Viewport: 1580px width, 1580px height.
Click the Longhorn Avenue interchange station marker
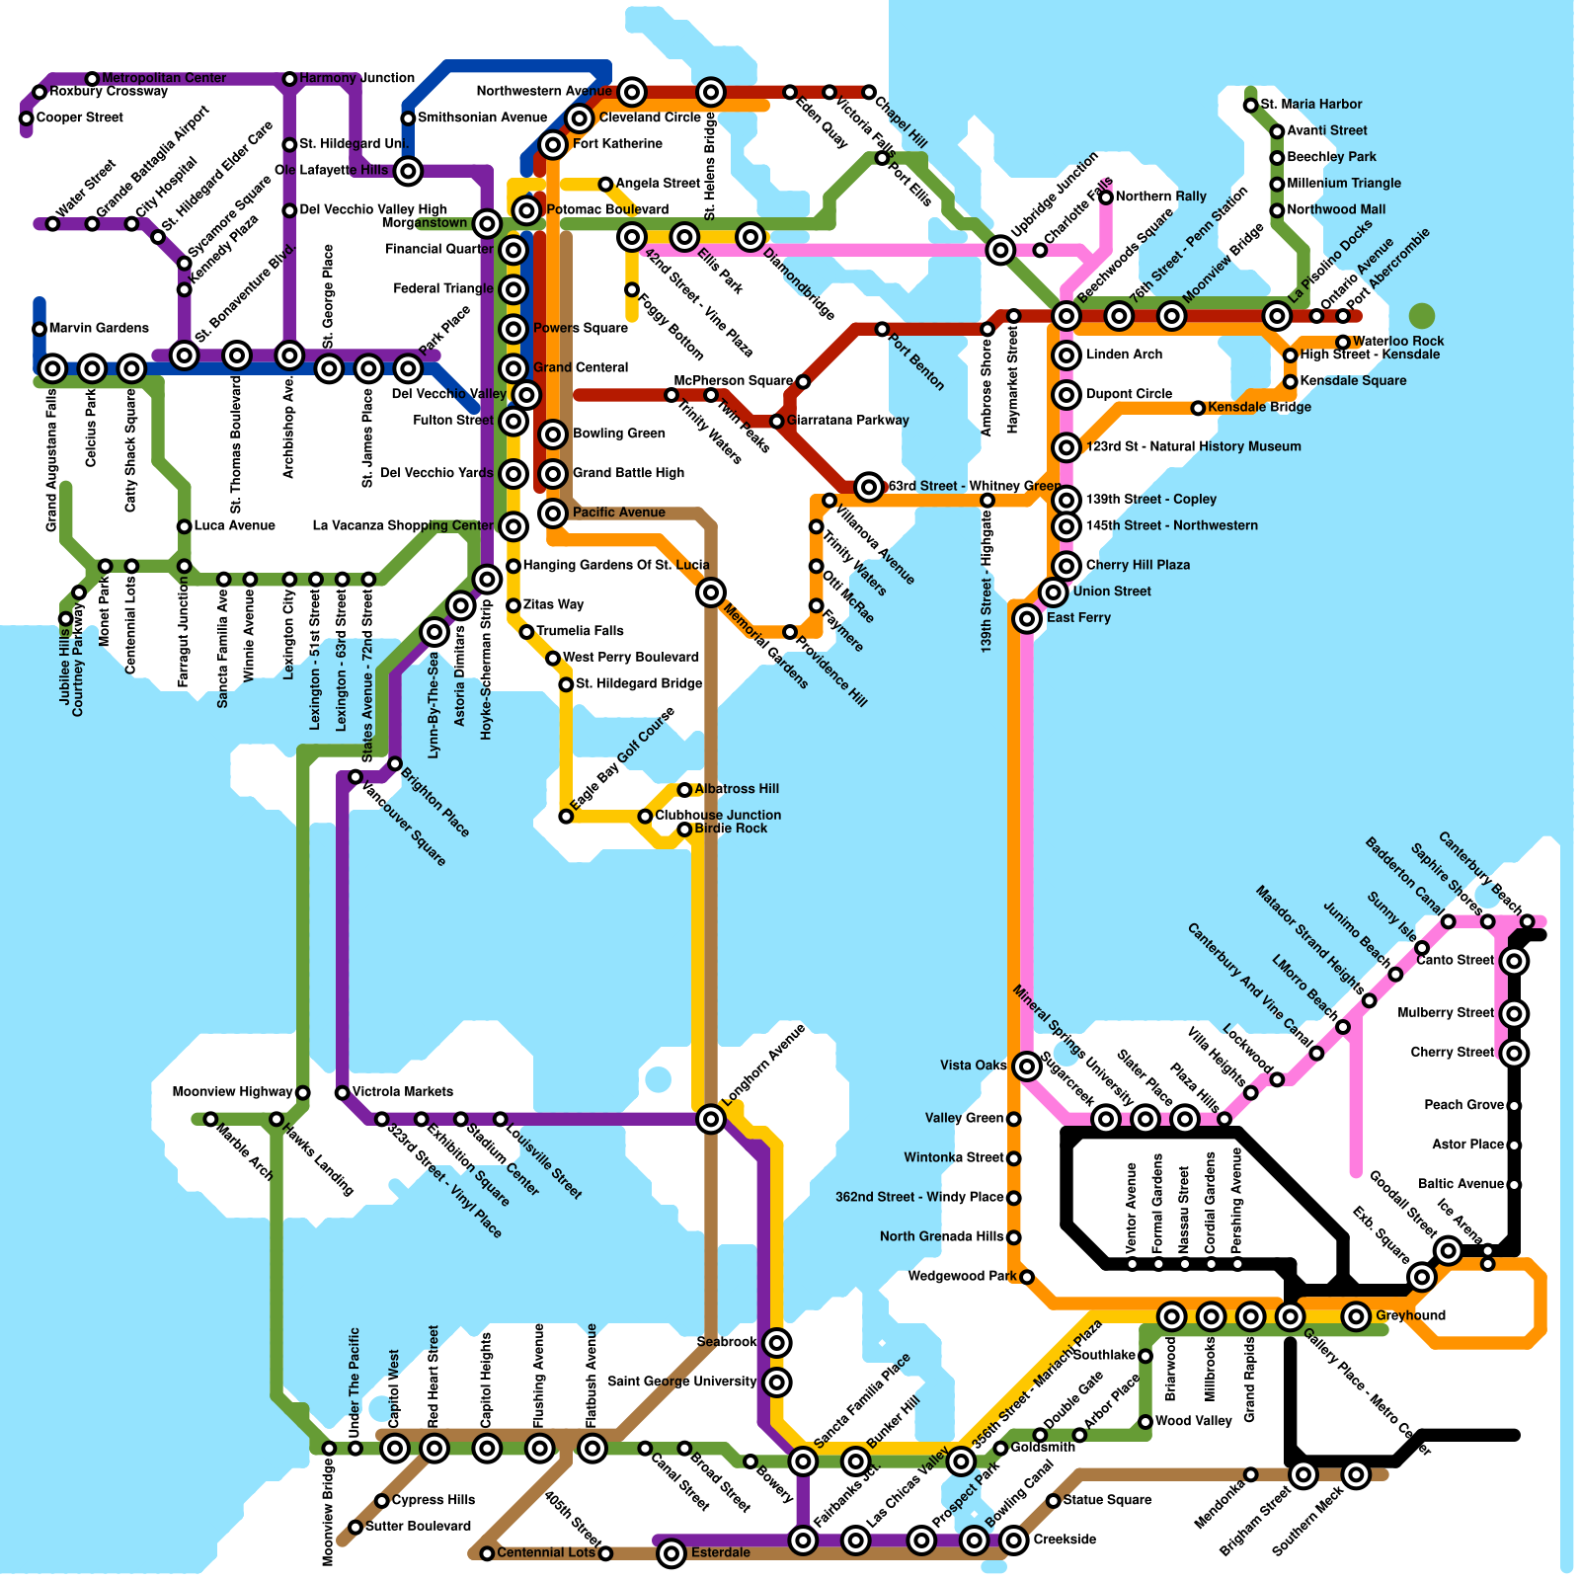(710, 1119)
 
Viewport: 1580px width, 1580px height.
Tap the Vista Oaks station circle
(1027, 1066)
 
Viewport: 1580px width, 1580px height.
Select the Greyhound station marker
(1356, 1315)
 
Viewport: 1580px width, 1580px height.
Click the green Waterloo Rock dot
(1421, 316)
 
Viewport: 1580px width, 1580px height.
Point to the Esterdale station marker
(671, 1553)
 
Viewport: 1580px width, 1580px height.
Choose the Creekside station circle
(1013, 1540)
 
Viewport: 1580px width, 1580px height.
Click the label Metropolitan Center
(164, 78)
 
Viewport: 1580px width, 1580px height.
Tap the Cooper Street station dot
(27, 118)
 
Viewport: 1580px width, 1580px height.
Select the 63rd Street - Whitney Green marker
(869, 486)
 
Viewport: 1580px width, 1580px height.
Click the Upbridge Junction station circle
(1000, 250)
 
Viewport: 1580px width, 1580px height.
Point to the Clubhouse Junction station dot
(645, 816)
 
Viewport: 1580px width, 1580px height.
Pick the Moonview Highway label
(232, 1092)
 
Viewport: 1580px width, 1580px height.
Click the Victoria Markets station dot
(342, 1092)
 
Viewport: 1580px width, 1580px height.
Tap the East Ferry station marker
(1027, 618)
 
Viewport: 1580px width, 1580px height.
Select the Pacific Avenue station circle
(553, 513)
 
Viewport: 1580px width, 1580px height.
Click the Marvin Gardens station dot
(39, 329)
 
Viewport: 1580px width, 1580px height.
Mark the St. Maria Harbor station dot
(1250, 105)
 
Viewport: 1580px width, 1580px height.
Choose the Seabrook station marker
(777, 1342)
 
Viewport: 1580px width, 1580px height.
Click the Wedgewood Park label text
(962, 1277)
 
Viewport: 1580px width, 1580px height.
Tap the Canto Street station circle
(1514, 961)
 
